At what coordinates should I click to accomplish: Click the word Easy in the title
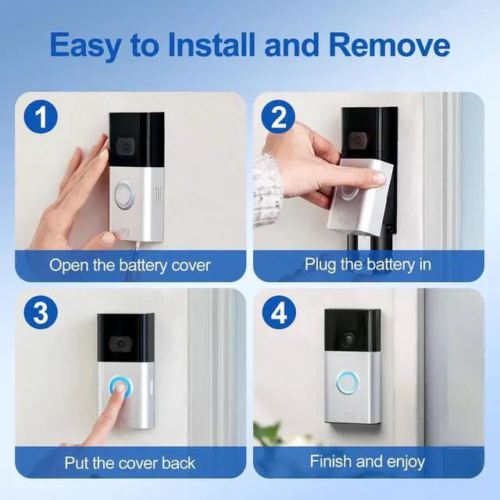(x=85, y=45)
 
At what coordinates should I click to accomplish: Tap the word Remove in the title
(x=390, y=45)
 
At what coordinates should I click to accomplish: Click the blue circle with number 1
(x=41, y=116)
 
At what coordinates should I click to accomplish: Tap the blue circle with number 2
(x=278, y=116)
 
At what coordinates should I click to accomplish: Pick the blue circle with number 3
(x=41, y=312)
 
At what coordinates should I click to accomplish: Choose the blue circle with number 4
(x=279, y=312)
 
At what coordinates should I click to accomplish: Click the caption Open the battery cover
(x=130, y=266)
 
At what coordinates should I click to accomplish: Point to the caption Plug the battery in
(x=368, y=265)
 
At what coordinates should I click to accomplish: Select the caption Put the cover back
(x=130, y=463)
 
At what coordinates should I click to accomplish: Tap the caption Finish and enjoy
(x=367, y=462)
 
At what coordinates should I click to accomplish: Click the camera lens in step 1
(x=125, y=145)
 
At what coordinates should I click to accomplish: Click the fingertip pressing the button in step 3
(x=120, y=388)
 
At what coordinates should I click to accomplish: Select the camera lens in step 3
(x=120, y=344)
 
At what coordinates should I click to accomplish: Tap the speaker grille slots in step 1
(x=159, y=195)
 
